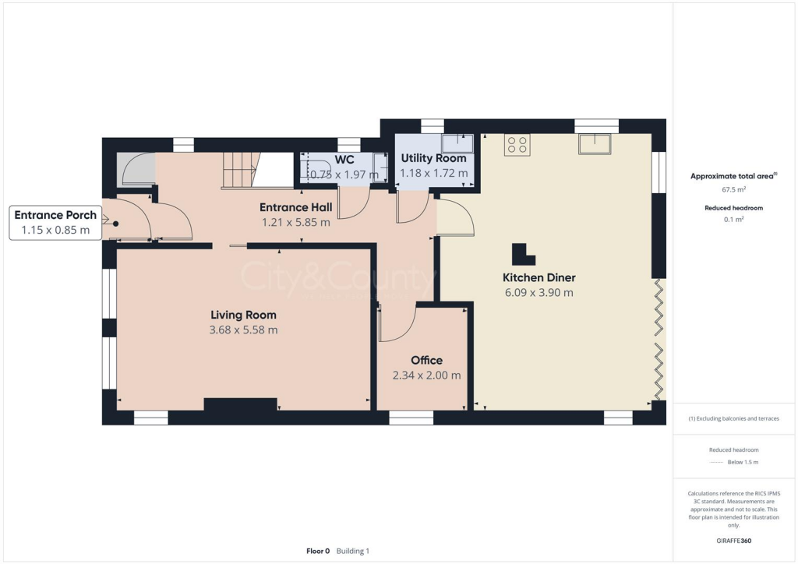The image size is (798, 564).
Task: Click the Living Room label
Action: point(243,315)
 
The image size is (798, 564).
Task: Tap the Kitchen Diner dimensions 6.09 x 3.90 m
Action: point(538,293)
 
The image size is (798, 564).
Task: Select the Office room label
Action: point(426,360)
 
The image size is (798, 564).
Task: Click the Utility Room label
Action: point(433,158)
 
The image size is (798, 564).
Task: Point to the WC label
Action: point(344,160)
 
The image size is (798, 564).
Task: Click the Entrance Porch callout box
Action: point(55,222)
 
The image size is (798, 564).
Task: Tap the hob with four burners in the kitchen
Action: point(517,145)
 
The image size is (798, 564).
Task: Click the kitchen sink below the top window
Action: point(596,145)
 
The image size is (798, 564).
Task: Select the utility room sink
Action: point(457,143)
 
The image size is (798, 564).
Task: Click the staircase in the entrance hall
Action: point(240,171)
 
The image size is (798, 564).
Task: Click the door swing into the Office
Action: point(399,323)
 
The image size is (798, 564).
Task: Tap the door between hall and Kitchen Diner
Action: point(455,217)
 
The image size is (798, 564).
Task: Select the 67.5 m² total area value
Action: point(732,189)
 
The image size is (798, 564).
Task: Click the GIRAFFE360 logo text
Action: point(734,541)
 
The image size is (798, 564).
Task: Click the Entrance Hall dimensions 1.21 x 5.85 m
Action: point(295,222)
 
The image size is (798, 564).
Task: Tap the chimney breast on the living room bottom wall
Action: point(241,404)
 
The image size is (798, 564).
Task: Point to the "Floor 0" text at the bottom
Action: point(318,551)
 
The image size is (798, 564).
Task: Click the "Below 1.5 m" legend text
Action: point(743,463)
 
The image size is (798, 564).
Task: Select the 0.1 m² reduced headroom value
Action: point(733,220)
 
